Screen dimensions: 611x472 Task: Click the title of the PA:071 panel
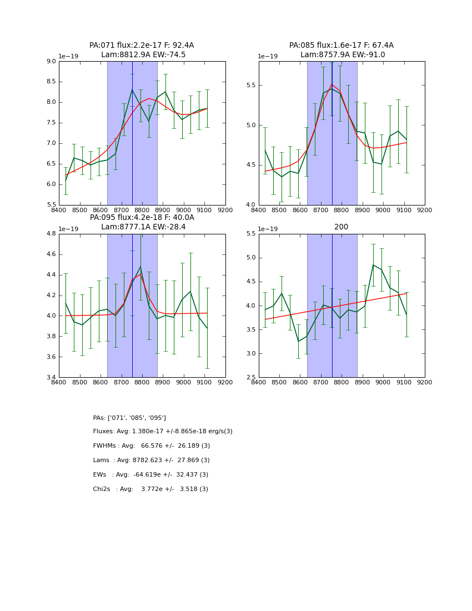point(142,50)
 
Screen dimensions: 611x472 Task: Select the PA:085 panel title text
point(342,50)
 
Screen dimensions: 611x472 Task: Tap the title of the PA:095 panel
point(142,222)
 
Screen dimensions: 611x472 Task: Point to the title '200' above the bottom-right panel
point(341,227)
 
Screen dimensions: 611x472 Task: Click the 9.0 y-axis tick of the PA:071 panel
point(50,61)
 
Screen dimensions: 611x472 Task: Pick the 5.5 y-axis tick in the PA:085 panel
point(250,85)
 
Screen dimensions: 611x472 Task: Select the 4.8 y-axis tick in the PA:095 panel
point(50,234)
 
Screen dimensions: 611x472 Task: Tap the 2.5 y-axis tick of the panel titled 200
point(250,377)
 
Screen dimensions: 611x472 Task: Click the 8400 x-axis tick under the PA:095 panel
point(59,383)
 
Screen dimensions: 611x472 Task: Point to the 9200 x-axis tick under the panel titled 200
point(425,383)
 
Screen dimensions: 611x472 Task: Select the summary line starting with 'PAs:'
point(129,418)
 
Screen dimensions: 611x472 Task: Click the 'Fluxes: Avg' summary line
point(163,432)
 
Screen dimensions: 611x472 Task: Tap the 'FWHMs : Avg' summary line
point(152,446)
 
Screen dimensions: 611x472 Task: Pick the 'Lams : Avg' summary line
point(152,460)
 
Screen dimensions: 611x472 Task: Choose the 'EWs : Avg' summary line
point(150,475)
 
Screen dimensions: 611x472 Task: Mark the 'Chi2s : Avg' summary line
point(150,489)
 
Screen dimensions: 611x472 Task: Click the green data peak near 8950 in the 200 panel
point(373,265)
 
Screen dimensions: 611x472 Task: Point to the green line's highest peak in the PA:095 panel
point(140,267)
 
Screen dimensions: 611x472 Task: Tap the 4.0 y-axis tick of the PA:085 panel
point(250,205)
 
